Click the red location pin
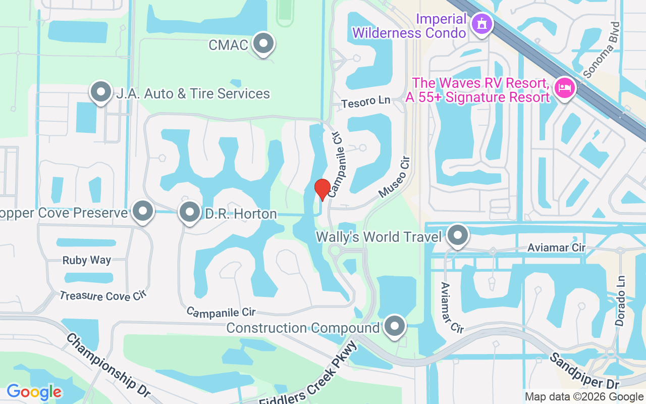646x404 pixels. [x=322, y=189]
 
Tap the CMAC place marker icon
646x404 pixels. [x=263, y=44]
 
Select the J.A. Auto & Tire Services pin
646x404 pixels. [x=101, y=92]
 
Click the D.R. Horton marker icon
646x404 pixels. [x=190, y=213]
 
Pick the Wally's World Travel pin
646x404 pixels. [x=458, y=235]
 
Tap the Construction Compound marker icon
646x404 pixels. [x=395, y=327]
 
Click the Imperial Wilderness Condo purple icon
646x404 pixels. [x=481, y=24]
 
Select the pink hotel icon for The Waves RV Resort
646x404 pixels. [x=564, y=88]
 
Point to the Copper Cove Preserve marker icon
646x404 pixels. [x=143, y=212]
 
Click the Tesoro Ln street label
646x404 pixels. [x=366, y=102]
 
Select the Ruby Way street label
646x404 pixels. [x=87, y=261]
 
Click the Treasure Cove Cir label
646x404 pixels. [x=102, y=296]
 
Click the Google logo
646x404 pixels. [x=34, y=392]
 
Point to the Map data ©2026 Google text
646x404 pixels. [x=584, y=397]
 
